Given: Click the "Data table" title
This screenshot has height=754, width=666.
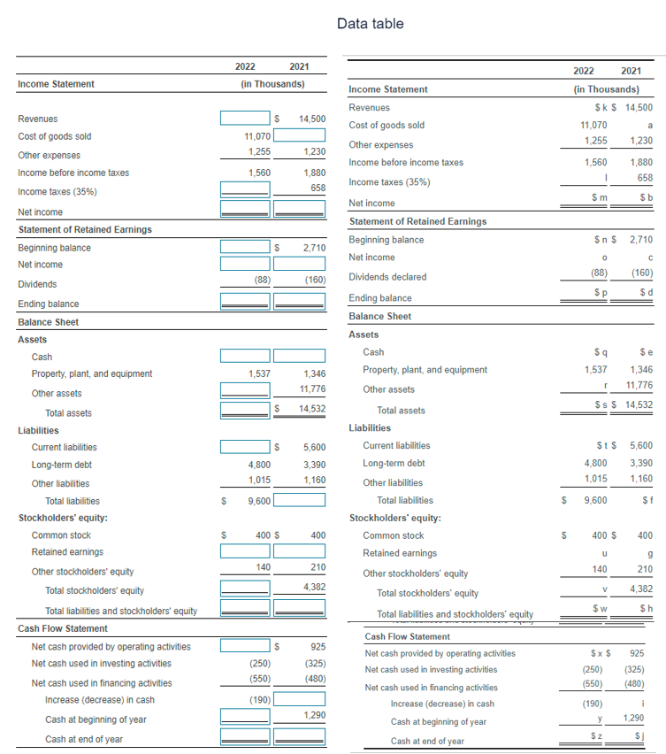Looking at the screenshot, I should point(370,24).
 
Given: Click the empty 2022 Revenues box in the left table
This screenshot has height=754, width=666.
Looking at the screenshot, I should point(245,118).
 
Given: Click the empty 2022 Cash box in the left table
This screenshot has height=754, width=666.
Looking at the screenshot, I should point(245,356).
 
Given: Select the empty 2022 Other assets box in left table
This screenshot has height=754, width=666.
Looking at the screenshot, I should point(245,392).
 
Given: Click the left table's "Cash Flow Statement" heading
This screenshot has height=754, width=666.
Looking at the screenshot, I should point(63,628).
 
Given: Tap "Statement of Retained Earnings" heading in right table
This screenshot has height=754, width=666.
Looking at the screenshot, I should point(417,221).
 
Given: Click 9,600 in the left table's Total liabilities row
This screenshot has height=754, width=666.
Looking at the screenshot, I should point(258,501).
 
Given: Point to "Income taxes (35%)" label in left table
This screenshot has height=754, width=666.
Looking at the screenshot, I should point(57,191).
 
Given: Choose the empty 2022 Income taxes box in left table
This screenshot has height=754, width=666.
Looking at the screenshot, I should point(245,190).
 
